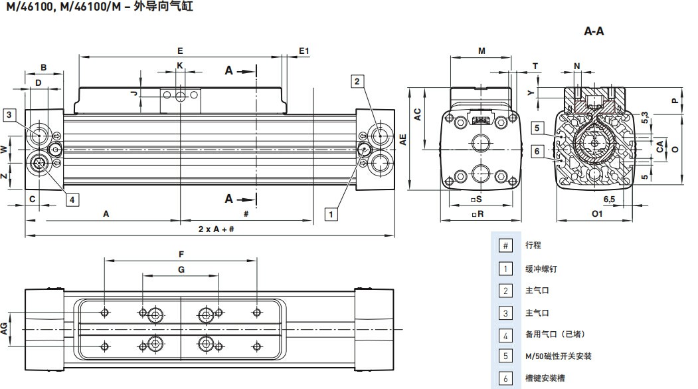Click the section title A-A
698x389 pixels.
pyautogui.click(x=593, y=31)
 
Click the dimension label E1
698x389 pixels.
pyautogui.click(x=304, y=51)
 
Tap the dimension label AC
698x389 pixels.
pyautogui.click(x=418, y=114)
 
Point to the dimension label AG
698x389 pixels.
pyautogui.click(x=5, y=327)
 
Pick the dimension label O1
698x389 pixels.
pyautogui.click(x=596, y=213)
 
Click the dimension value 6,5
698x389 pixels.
pyautogui.click(x=609, y=199)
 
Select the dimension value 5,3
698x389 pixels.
pyautogui.click(x=645, y=117)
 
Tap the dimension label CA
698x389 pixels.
pyautogui.click(x=659, y=146)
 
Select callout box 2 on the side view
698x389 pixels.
pyautogui.click(x=357, y=81)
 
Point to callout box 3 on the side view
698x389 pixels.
pyautogui.click(x=9, y=114)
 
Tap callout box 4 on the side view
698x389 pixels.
pyautogui.click(x=72, y=198)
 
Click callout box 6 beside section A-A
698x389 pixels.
pyautogui.click(x=537, y=152)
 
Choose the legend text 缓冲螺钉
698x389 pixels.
pyautogui.click(x=537, y=268)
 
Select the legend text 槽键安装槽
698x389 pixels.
pyautogui.click(x=541, y=378)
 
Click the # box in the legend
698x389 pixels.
pyautogui.click(x=505, y=245)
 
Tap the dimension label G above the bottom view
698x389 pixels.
pyautogui.click(x=181, y=269)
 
